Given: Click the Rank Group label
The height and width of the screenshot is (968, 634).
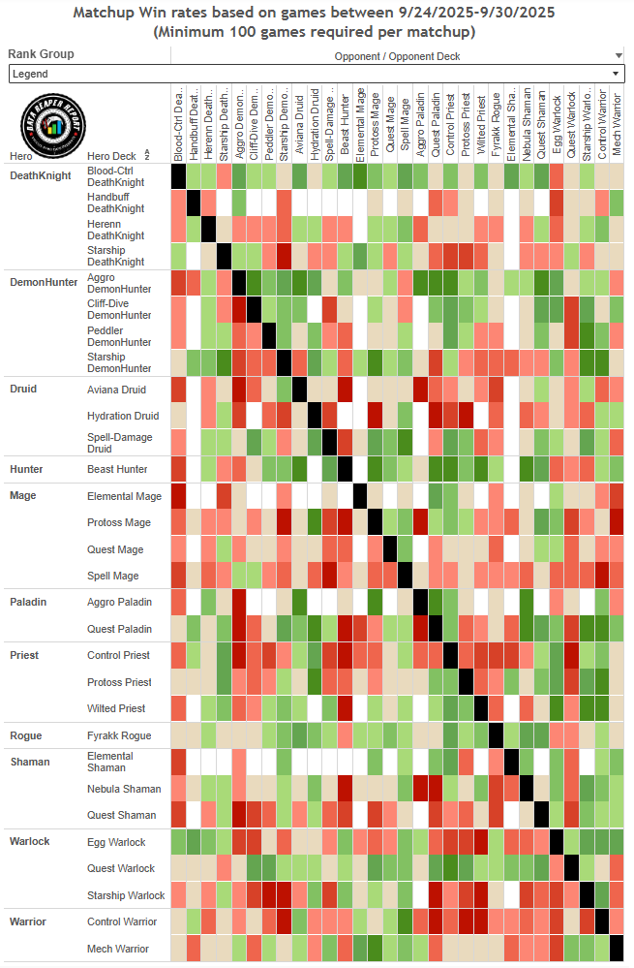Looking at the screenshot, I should click(41, 54).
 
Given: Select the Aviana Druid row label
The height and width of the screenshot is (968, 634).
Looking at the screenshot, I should click(116, 390).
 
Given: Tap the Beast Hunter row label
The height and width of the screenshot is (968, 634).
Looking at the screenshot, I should click(117, 469).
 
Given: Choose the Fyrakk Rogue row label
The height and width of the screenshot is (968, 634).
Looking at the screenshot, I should click(119, 735).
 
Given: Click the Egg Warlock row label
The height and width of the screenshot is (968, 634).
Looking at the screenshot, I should click(116, 842).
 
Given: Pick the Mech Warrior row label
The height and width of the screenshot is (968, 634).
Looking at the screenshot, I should click(118, 949).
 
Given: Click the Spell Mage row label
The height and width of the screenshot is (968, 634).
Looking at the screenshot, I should click(113, 576).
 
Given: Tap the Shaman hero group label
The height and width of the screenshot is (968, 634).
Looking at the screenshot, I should click(29, 762).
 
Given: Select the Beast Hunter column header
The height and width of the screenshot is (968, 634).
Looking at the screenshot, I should click(345, 124).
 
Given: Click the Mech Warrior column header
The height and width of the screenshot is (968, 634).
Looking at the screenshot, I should click(617, 124).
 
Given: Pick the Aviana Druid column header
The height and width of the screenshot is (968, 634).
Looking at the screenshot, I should click(299, 124).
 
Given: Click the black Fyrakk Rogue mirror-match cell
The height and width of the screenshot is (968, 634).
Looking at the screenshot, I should click(496, 735).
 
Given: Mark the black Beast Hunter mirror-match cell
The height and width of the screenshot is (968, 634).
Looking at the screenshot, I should click(345, 469).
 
